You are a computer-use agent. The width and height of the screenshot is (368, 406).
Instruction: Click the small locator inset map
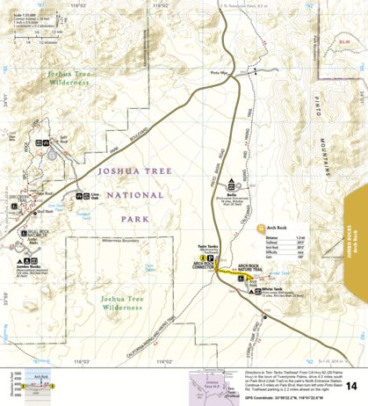211,384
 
